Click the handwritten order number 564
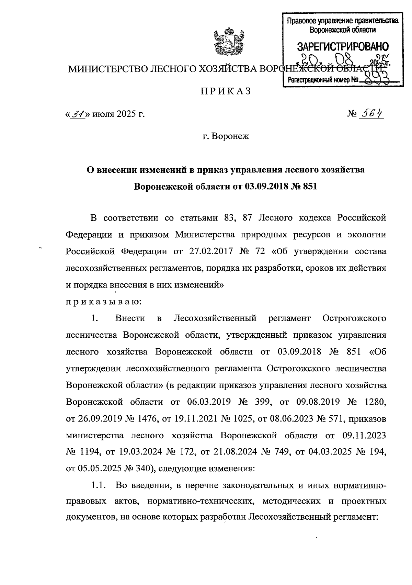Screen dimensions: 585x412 373,113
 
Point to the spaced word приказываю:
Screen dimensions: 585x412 103,302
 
